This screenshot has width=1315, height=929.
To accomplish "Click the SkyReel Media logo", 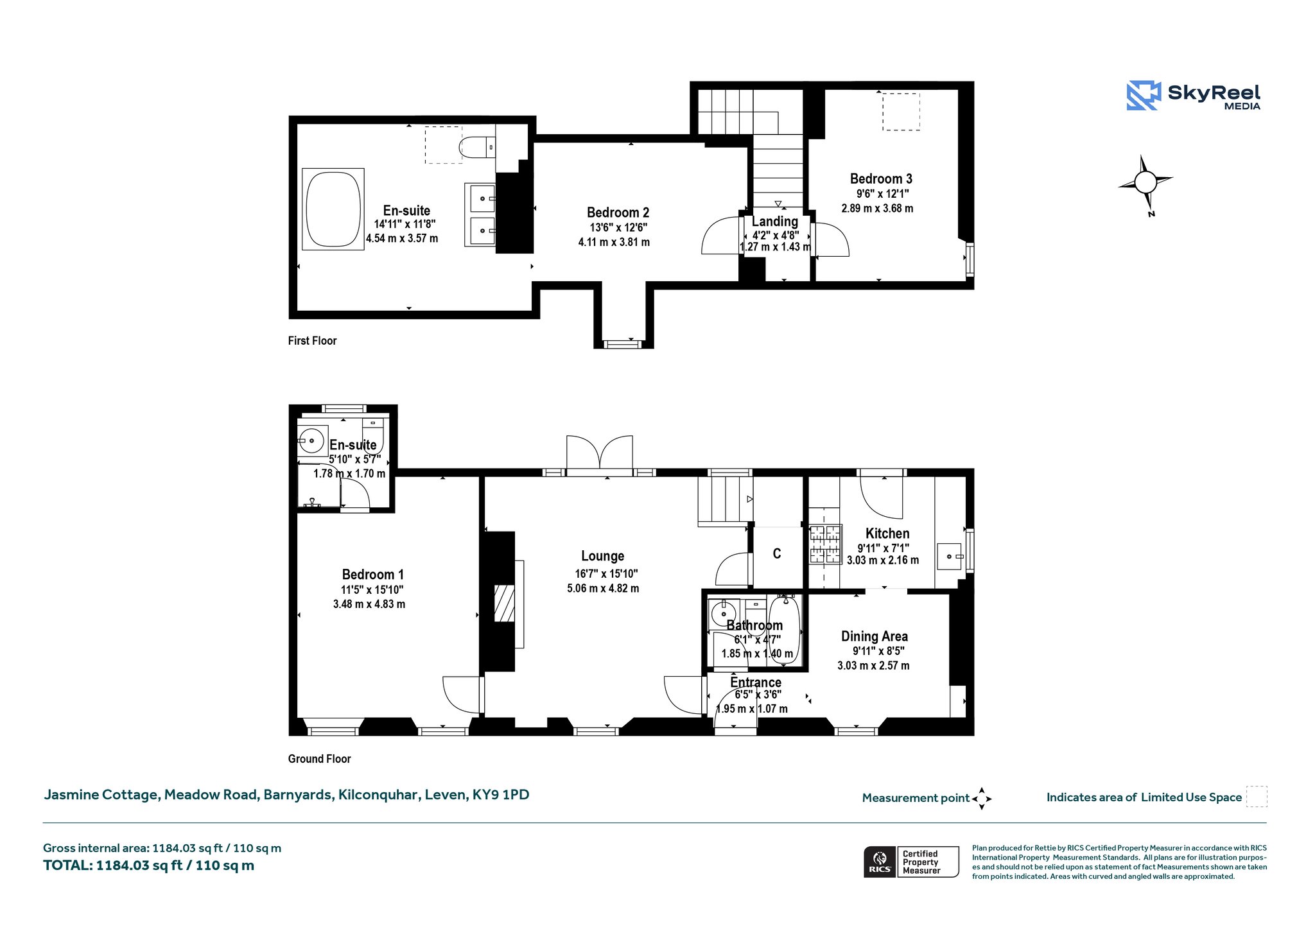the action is click(1194, 96).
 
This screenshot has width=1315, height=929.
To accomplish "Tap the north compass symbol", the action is click(1145, 184).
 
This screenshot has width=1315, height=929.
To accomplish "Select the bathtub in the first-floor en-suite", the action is click(333, 209).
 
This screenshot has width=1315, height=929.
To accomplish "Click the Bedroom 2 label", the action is click(618, 213).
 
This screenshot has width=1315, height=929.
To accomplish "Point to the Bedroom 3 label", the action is click(881, 178).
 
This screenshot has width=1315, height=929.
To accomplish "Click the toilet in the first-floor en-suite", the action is click(477, 147).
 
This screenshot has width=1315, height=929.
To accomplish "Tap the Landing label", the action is click(775, 221).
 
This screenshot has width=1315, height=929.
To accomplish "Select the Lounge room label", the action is click(603, 556).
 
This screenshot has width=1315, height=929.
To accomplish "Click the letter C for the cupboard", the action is click(777, 553).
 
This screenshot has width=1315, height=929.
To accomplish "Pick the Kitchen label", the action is click(887, 534).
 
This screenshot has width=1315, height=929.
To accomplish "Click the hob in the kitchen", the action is click(825, 544).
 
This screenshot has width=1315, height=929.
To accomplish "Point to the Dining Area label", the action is click(875, 636).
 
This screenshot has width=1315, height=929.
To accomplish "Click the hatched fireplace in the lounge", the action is click(504, 603).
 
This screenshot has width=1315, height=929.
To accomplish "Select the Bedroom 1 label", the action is click(373, 575).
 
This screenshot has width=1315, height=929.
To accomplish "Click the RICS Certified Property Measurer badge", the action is click(911, 862).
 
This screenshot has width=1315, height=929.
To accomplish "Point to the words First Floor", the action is click(312, 341).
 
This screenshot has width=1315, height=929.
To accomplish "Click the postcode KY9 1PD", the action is click(501, 795).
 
